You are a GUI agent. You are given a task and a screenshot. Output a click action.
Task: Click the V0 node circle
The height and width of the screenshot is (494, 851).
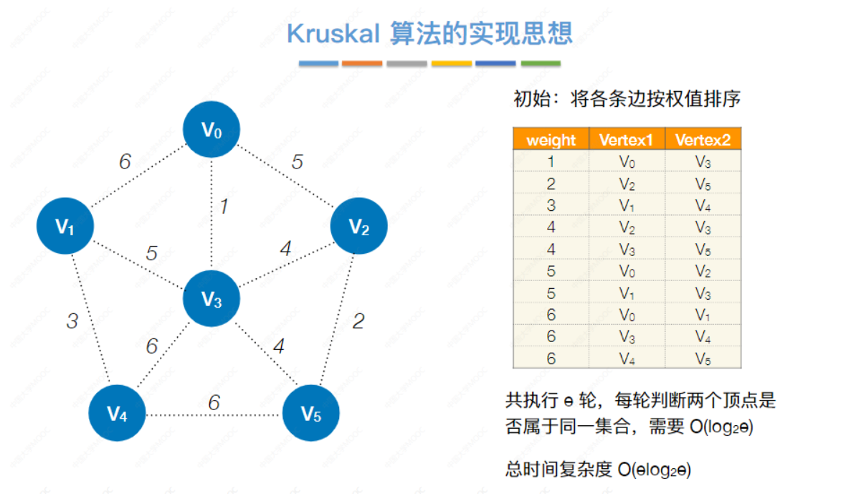(x=211, y=130)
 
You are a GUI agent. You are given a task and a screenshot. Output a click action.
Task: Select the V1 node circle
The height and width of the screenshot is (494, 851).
(x=65, y=227)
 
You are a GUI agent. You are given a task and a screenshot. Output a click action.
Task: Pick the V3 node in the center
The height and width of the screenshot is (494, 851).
(x=211, y=298)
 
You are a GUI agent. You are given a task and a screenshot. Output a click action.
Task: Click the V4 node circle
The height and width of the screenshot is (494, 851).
(x=118, y=413)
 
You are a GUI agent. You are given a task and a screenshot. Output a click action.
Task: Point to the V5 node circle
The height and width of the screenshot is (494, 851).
(x=310, y=413)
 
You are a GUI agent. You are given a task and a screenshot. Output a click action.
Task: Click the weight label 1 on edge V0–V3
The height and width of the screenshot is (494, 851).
(x=224, y=206)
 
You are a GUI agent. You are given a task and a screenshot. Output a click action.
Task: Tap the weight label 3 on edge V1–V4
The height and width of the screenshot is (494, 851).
(x=72, y=320)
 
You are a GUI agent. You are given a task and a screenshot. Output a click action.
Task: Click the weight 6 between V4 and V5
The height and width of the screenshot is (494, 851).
(x=214, y=403)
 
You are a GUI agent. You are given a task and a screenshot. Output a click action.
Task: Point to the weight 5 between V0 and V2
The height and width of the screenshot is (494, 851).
(x=297, y=162)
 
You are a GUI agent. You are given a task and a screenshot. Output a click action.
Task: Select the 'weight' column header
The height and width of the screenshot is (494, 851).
(x=551, y=140)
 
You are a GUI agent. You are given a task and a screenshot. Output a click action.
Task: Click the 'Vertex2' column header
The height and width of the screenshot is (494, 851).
(x=703, y=140)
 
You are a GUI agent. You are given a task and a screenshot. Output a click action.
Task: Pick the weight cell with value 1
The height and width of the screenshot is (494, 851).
(x=551, y=162)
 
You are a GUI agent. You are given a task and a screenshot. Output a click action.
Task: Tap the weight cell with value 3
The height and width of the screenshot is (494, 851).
(x=551, y=206)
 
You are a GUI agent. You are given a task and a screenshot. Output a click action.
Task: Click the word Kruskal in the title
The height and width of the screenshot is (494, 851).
(x=333, y=34)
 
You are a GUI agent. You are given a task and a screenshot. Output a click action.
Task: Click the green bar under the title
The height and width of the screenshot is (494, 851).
(x=541, y=64)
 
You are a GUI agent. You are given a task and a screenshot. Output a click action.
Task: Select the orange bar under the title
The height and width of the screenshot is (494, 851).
(x=362, y=64)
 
